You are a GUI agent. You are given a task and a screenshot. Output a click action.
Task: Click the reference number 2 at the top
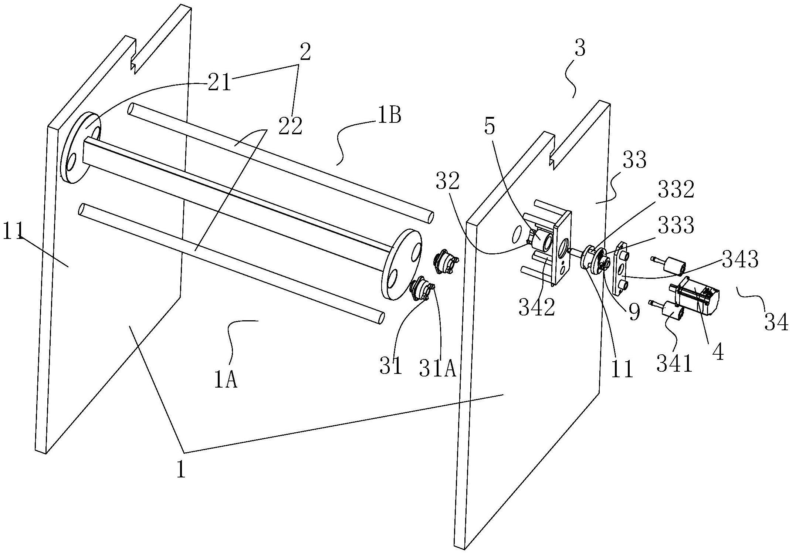click(x=305, y=53)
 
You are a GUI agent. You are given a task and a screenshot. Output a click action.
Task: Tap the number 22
click(x=290, y=126)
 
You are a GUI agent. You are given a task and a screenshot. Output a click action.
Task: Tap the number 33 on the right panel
click(x=634, y=160)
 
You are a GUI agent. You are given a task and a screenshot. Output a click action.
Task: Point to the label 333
click(x=676, y=225)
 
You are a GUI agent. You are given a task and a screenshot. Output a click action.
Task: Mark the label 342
click(x=537, y=307)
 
